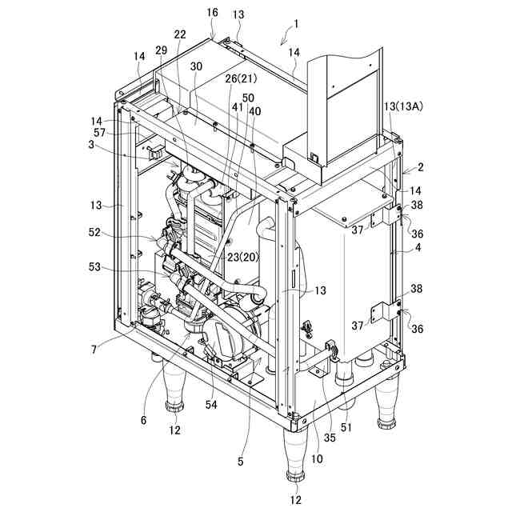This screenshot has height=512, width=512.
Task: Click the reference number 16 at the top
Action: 212,14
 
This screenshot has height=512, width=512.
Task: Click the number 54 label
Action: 211,406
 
